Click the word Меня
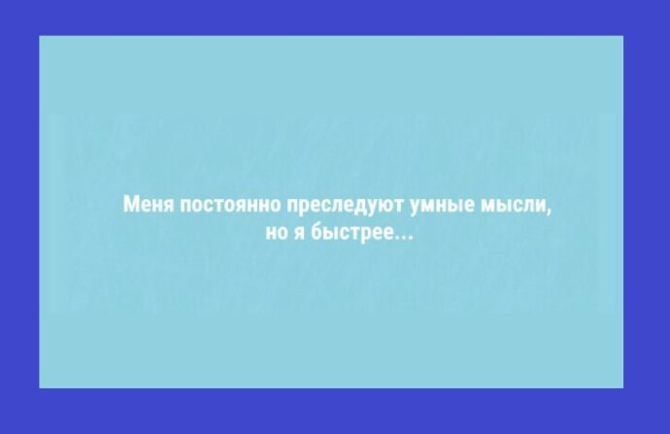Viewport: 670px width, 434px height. [x=149, y=204]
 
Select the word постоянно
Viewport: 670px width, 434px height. [x=231, y=204]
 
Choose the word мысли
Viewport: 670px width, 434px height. [x=514, y=204]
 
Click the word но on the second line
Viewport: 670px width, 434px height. [x=275, y=232]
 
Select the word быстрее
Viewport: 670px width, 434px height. [x=352, y=233]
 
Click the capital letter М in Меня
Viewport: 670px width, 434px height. [x=130, y=204]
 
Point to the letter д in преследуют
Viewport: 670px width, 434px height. [x=356, y=206]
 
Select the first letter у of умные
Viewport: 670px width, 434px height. [x=415, y=206]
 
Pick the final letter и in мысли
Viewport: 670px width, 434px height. [x=541, y=204]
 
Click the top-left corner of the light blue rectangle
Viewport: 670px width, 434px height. [x=39, y=36]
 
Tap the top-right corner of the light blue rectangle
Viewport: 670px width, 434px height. [x=623, y=36]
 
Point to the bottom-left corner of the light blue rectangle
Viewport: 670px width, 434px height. [x=39, y=388]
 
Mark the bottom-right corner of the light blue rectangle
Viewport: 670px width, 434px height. [x=623, y=388]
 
